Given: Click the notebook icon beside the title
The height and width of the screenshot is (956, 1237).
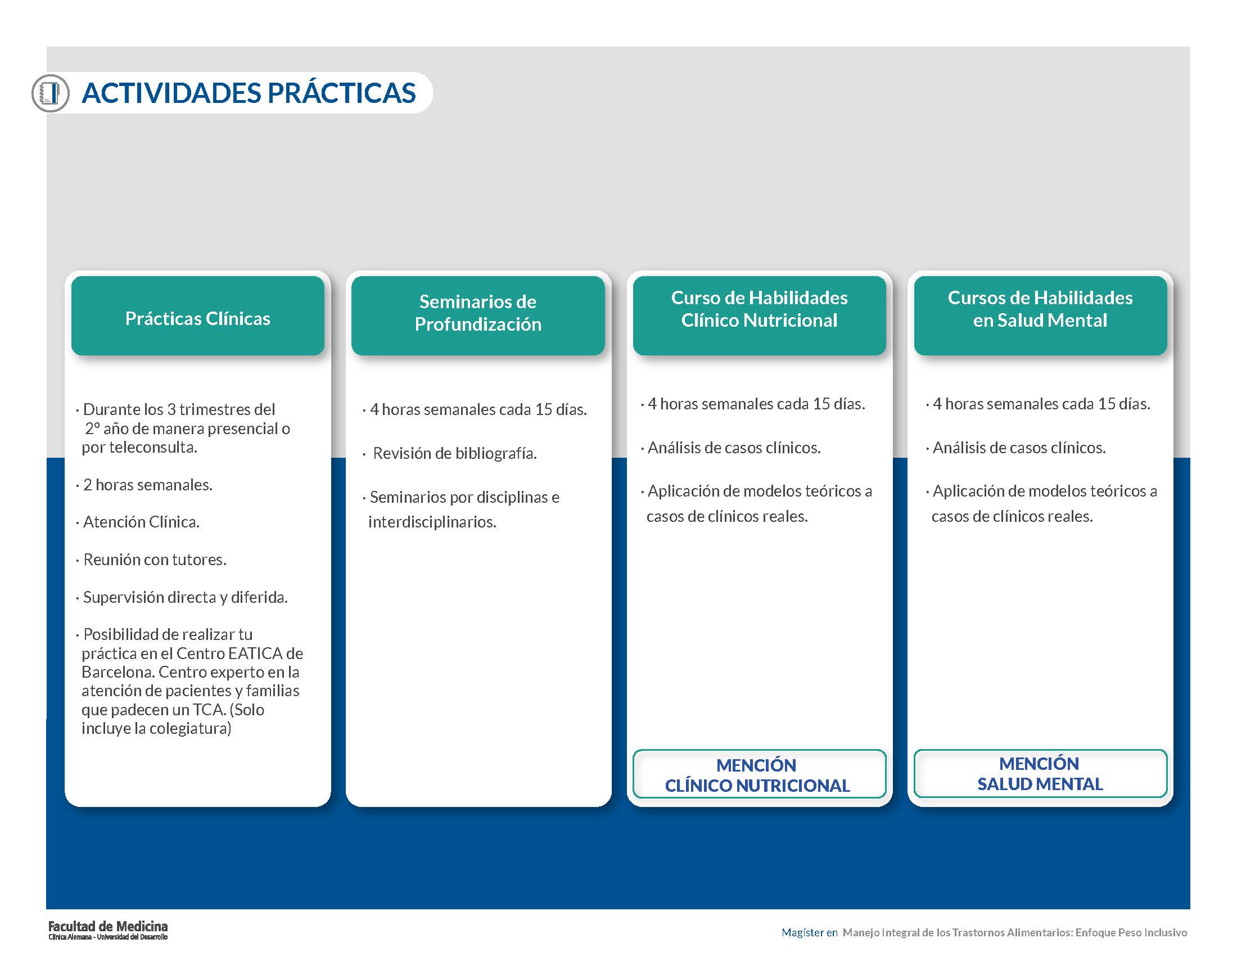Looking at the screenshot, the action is (50, 93).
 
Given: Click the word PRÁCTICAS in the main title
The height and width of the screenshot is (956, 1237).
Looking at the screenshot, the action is (341, 93).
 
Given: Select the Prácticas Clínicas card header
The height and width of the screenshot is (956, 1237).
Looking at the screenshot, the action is (198, 315).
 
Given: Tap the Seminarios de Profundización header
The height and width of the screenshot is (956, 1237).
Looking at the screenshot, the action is (478, 315).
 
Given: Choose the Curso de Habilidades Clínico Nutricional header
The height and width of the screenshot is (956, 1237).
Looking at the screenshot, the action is (760, 315).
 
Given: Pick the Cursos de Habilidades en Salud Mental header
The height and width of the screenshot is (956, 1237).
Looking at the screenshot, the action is (1040, 315).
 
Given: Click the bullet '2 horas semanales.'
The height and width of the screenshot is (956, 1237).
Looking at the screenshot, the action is (145, 485).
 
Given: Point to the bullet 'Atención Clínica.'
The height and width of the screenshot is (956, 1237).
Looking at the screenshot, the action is (138, 522).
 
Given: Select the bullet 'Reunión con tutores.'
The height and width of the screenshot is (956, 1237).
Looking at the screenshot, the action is (151, 560).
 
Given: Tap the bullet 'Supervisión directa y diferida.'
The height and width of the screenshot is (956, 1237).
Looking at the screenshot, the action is (182, 597).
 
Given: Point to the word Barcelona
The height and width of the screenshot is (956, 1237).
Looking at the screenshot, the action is (118, 672).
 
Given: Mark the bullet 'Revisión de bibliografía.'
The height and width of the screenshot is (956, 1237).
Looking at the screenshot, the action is (450, 453).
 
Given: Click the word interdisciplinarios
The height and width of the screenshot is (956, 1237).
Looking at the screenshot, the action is (432, 522).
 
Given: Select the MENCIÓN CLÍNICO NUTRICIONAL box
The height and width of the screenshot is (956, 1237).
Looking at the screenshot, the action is (759, 774).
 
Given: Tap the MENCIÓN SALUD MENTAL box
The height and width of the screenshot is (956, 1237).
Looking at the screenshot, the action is (1040, 773).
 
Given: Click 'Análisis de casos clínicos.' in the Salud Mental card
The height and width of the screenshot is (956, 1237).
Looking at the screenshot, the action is (1016, 448).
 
